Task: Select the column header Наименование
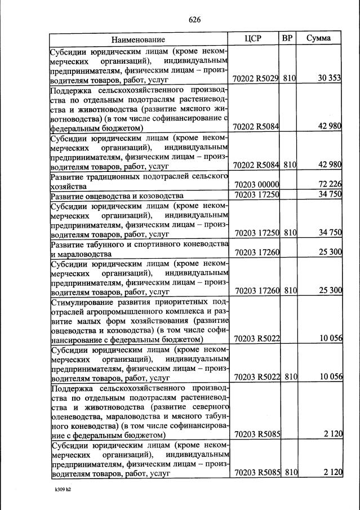click(x=138, y=39)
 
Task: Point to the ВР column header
click(x=287, y=39)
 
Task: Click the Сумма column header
click(x=318, y=39)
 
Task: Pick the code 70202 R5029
click(x=256, y=78)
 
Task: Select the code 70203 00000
click(x=256, y=185)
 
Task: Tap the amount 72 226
click(x=330, y=185)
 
